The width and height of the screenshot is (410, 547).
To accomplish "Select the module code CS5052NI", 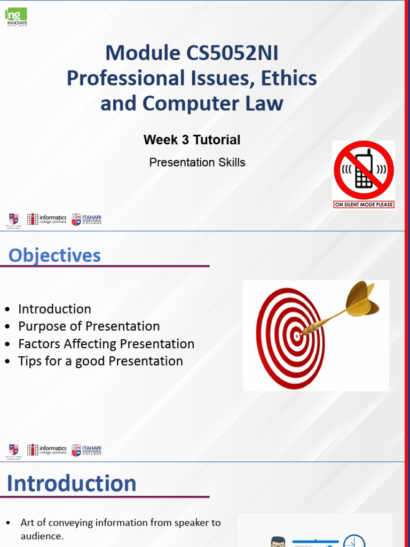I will click(x=233, y=53).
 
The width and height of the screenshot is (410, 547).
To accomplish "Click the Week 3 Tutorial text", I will click(x=192, y=140).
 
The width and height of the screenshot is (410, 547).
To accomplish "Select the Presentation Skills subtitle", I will click(x=197, y=162).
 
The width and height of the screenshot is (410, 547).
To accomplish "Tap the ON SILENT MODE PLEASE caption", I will click(x=364, y=205).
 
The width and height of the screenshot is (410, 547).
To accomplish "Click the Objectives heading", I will click(x=54, y=255).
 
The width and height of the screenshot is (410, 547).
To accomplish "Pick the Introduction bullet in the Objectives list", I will click(x=54, y=309).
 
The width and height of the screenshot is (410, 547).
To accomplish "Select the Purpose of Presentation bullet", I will click(x=89, y=326).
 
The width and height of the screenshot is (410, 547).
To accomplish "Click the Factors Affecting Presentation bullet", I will click(x=106, y=344).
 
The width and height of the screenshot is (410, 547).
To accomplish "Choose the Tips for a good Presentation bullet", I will click(x=100, y=361).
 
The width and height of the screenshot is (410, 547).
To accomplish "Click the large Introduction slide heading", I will click(x=72, y=483).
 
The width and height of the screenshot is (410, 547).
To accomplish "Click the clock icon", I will click(x=353, y=541).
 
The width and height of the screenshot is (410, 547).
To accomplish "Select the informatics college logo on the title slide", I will click(x=47, y=219).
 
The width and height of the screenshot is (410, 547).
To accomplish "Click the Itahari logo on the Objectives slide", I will click(x=86, y=450).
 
